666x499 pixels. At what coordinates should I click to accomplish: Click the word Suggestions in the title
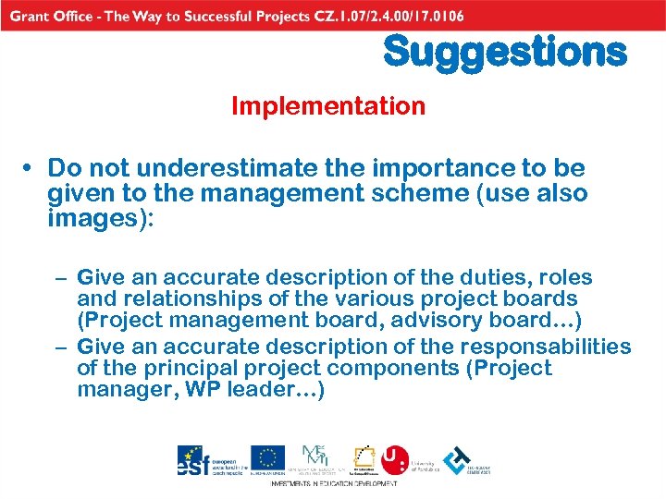click(x=504, y=52)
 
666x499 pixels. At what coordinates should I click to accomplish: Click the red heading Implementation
click(x=328, y=106)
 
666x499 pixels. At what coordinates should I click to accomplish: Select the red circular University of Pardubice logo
click(x=395, y=459)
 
